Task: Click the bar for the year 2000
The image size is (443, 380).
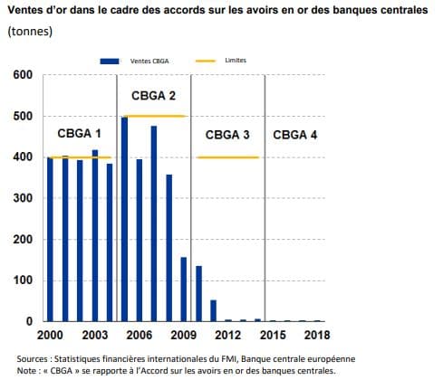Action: (x=50, y=239)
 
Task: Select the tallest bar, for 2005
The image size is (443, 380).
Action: (x=124, y=219)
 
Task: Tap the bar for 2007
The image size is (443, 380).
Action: (x=154, y=223)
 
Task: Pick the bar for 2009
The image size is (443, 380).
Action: (x=184, y=290)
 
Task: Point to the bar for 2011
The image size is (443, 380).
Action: (x=214, y=310)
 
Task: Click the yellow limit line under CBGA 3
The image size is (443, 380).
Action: (x=227, y=157)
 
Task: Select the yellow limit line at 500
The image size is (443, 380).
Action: (x=155, y=116)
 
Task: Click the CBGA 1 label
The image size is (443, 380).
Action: (x=79, y=134)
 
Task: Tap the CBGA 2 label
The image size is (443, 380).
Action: (x=153, y=96)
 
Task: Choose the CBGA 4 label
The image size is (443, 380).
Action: (x=295, y=135)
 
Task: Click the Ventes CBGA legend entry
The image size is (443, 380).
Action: (x=134, y=62)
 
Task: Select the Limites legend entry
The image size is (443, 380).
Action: (x=221, y=61)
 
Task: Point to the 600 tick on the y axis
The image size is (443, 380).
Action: (x=23, y=75)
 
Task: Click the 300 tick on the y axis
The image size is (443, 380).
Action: (x=23, y=198)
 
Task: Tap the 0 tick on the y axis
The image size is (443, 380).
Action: (x=29, y=321)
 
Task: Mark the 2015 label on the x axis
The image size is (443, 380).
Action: (x=273, y=335)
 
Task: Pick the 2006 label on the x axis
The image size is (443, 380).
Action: (x=140, y=335)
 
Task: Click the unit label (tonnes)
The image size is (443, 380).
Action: (x=30, y=32)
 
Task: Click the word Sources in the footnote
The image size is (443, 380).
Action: (x=33, y=359)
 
